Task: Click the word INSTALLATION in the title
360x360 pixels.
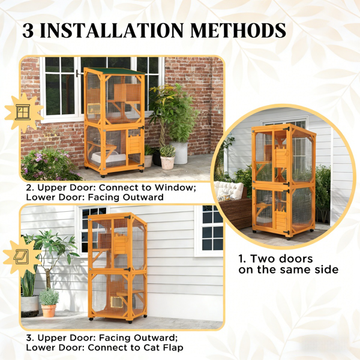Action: click(x=112, y=30)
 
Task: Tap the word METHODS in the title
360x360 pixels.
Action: click(x=238, y=30)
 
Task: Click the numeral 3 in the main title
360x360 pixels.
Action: click(x=28, y=31)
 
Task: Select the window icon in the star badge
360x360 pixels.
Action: click(x=23, y=112)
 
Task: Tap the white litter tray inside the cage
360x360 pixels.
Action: click(x=109, y=158)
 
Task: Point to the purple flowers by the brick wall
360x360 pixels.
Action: click(x=46, y=161)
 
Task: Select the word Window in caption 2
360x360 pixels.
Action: click(x=175, y=188)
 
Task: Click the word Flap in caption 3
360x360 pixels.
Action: click(x=173, y=347)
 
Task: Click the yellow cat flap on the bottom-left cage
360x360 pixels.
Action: click(x=116, y=302)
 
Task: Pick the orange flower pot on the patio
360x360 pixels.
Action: click(x=49, y=311)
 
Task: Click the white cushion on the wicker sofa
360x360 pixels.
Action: click(x=229, y=191)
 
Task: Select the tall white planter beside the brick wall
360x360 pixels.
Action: click(x=179, y=152)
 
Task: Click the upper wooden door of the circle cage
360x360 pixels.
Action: click(x=282, y=157)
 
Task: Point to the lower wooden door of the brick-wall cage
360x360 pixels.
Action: click(x=134, y=145)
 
